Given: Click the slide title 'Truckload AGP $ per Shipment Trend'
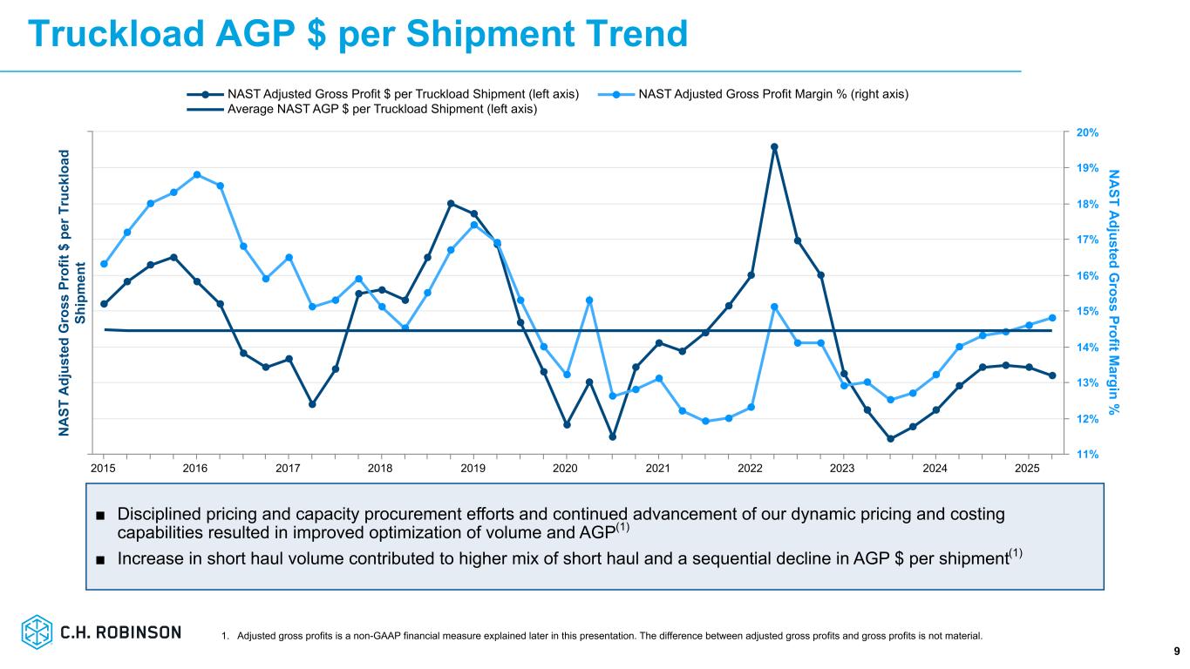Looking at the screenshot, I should coord(357,34).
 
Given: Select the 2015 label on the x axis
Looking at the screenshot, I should coord(103,469).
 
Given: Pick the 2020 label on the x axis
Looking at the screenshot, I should coord(566,469).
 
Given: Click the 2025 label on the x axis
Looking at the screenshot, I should coord(1028,469).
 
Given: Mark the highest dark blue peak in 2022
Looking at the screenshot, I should coord(774,147).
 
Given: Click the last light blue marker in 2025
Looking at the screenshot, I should coord(1052,318).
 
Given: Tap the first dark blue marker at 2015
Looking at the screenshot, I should coord(104,304).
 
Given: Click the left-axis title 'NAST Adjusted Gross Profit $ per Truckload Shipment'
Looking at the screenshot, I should coord(72,293).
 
